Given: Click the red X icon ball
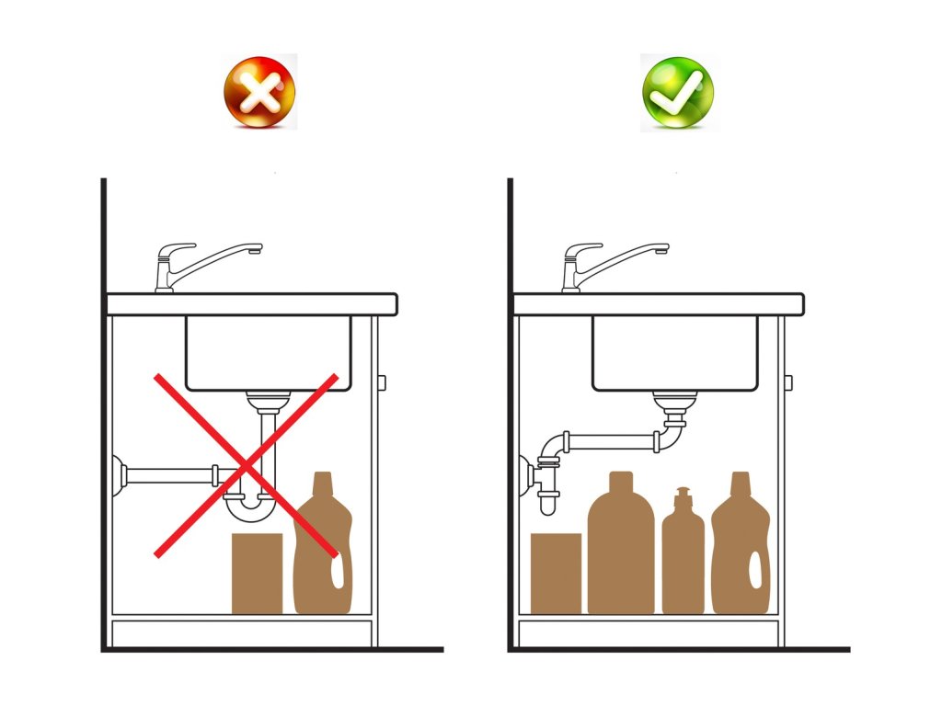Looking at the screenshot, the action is coord(259,91).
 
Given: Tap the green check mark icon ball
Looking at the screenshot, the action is coord(677,92).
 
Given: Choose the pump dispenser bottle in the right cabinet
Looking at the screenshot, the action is coord(683,556).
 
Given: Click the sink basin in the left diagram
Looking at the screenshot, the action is coord(269,353).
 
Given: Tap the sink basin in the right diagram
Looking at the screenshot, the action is coord(674,353).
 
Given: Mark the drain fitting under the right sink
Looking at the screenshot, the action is coord(674,404).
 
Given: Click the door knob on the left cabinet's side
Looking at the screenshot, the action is coord(382,381).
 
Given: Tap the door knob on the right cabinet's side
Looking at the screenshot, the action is coord(788,381).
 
